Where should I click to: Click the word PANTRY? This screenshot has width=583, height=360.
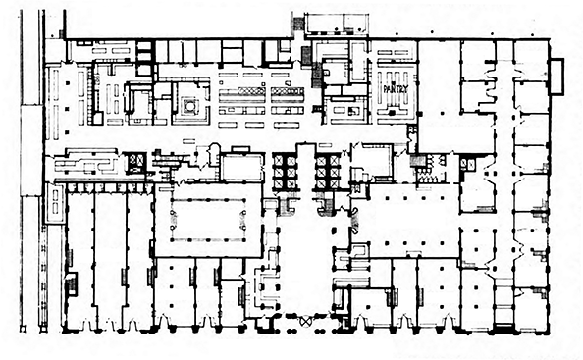pyautogui.click(x=396, y=89)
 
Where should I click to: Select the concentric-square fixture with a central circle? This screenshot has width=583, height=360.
pyautogui.click(x=190, y=106)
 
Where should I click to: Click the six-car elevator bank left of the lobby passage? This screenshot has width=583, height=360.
pyautogui.click(x=286, y=172)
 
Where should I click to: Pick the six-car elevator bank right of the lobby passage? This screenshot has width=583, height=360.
pyautogui.click(x=327, y=172)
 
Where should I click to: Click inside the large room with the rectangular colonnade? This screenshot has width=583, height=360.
pyautogui.click(x=208, y=220)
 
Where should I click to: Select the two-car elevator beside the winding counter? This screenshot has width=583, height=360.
pyautogui.click(x=134, y=163)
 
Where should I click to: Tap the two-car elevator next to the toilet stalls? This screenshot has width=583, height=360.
pyautogui.click(x=468, y=164)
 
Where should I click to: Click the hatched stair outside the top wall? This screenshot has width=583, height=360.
pyautogui.click(x=297, y=25)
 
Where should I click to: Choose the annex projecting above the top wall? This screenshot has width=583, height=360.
pyautogui.click(x=336, y=25)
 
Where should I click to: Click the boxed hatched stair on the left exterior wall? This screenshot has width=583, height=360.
pyautogui.click(x=71, y=284)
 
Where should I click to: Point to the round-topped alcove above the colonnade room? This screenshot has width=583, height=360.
pyautogui.click(x=215, y=155)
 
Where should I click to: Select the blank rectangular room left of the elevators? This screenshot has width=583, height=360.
pyautogui.click(x=242, y=168)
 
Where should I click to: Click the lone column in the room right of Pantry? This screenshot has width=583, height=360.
pyautogui.click(x=441, y=113)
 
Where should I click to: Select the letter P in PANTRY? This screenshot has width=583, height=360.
pyautogui.click(x=386, y=89)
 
